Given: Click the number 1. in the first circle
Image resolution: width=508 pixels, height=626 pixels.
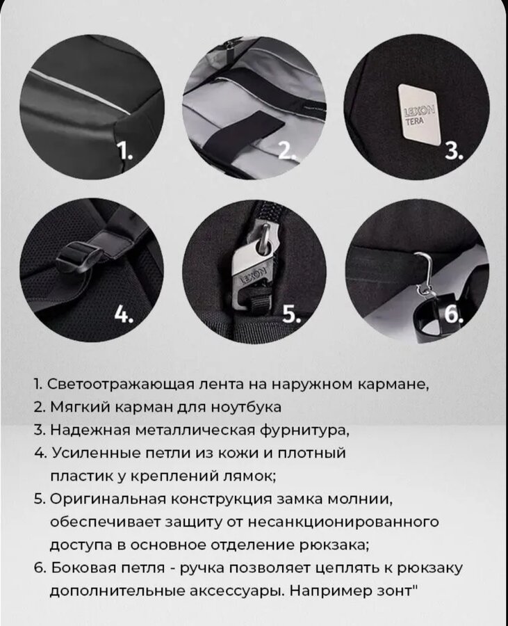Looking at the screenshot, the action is click(126, 152).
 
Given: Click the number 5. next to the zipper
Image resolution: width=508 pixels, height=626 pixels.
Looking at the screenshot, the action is click(293, 314).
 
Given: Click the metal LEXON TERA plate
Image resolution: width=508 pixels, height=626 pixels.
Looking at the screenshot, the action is click(418, 112).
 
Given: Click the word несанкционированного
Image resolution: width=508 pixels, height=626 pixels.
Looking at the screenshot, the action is click(343, 522).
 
